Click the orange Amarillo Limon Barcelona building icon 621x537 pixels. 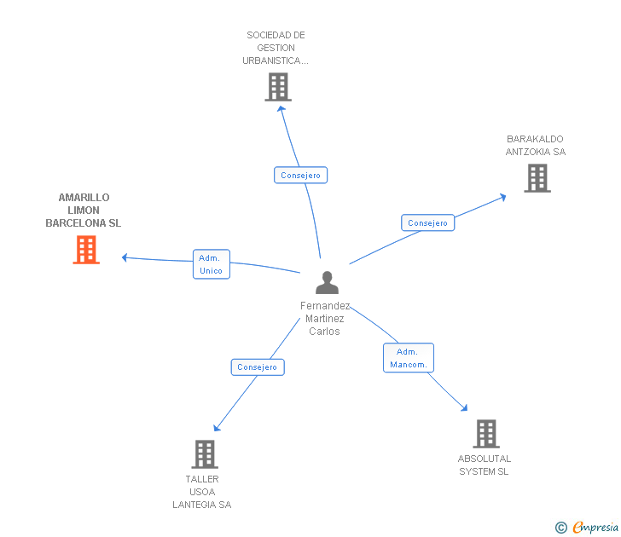(86, 250)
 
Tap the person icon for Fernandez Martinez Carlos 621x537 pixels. (327, 282)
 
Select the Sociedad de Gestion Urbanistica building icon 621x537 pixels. (278, 87)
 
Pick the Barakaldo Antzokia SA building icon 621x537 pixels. (537, 178)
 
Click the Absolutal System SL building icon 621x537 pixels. (485, 434)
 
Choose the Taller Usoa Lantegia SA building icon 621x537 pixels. (205, 454)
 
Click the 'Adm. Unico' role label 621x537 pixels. (211, 264)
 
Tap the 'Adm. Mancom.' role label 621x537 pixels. (409, 358)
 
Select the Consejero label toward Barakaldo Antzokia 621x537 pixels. (427, 223)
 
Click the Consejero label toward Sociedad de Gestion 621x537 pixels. (300, 176)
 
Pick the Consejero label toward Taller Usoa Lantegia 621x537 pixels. (257, 367)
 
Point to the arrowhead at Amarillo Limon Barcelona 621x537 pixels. (125, 257)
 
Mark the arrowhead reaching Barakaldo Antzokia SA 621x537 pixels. (502, 197)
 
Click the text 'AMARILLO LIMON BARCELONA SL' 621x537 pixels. (84, 210)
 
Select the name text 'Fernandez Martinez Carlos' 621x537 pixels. (325, 319)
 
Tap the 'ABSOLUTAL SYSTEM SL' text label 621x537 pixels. (484, 465)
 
